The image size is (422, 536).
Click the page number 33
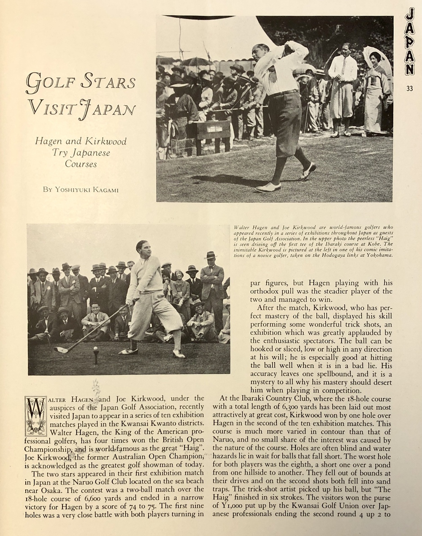click(x=409, y=88)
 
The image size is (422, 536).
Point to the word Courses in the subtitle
click(x=81, y=164)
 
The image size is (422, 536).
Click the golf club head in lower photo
click(x=62, y=349)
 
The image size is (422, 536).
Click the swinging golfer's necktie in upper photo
click(x=273, y=75)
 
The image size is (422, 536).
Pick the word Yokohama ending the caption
click(x=380, y=255)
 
